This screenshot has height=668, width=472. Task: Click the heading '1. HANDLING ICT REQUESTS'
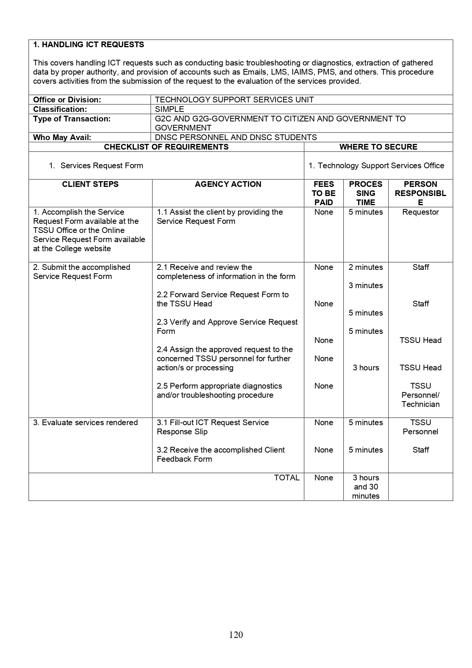[88, 45]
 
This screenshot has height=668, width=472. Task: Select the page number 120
[236, 635]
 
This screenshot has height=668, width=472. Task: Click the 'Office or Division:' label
[67, 100]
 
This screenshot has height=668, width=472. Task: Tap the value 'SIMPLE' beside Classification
[169, 109]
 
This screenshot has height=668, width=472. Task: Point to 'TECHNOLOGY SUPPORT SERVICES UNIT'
[234, 100]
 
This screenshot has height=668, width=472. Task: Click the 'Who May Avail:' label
[62, 137]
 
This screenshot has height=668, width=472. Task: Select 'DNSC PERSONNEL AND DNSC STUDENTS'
[236, 137]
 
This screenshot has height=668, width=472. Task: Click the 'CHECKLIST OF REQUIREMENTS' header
[166, 147]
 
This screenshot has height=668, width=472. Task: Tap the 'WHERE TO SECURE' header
[378, 147]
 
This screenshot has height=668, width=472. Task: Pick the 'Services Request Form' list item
[102, 166]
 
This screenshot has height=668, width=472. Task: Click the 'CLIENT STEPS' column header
[90, 184]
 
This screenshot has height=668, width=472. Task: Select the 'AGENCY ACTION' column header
[228, 184]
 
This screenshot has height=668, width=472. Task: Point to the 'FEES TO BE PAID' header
[324, 193]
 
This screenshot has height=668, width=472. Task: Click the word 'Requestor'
[421, 212]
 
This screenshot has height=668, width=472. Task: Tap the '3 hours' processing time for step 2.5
[366, 368]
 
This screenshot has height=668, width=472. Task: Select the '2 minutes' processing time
[366, 267]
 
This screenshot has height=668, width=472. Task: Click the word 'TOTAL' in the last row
[287, 478]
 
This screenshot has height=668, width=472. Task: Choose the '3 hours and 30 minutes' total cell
[366, 487]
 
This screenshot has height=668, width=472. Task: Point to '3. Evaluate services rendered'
[85, 422]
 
